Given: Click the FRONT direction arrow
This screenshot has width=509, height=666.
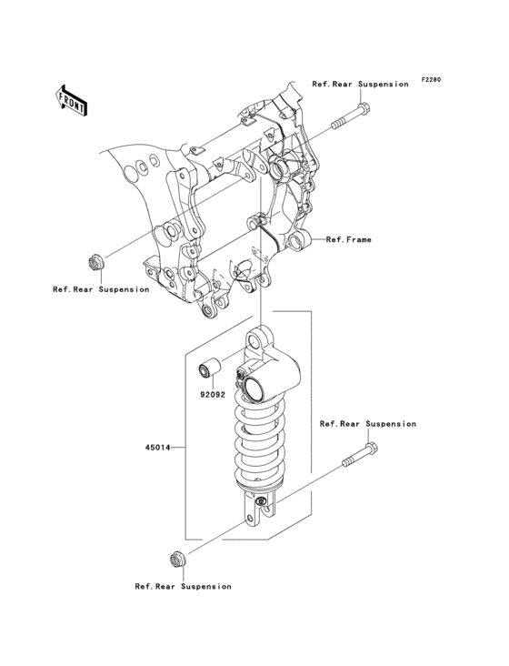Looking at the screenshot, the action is click(71, 100).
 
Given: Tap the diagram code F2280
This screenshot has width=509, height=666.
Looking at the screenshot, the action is click(431, 79).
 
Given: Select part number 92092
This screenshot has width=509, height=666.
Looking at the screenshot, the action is click(213, 395).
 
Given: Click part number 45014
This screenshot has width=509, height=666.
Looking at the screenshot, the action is click(157, 448).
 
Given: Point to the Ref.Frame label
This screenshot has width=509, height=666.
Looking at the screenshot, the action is click(349, 239).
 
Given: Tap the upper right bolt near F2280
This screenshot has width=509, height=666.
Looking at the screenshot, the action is click(350, 116).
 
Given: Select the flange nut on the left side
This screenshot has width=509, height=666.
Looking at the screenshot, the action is click(96, 263).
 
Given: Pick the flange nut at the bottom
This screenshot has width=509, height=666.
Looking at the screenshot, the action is click(178, 560).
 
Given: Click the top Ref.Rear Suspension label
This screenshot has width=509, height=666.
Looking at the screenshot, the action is click(360, 84).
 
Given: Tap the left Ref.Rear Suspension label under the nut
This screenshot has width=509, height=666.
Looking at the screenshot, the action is click(101, 289).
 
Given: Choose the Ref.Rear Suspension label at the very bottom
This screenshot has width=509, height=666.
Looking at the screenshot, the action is click(184, 587).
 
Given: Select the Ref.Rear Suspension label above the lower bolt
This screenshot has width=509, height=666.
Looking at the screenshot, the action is click(368, 424).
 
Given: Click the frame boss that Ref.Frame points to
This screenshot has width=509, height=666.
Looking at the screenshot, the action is click(299, 241).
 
